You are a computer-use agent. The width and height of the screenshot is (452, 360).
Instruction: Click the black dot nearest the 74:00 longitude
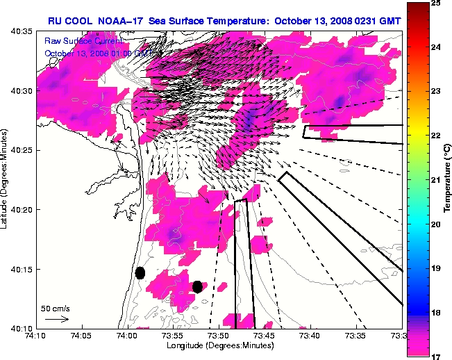[140, 272]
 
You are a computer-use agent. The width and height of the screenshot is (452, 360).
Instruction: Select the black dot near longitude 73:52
[197, 286]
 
